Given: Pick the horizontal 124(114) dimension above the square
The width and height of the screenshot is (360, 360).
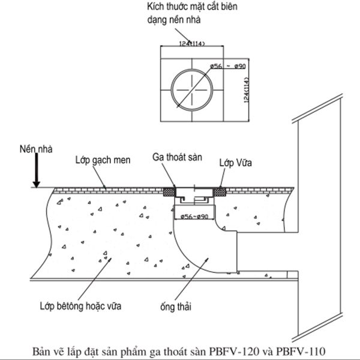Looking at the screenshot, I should pyautogui.click(x=191, y=43).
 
